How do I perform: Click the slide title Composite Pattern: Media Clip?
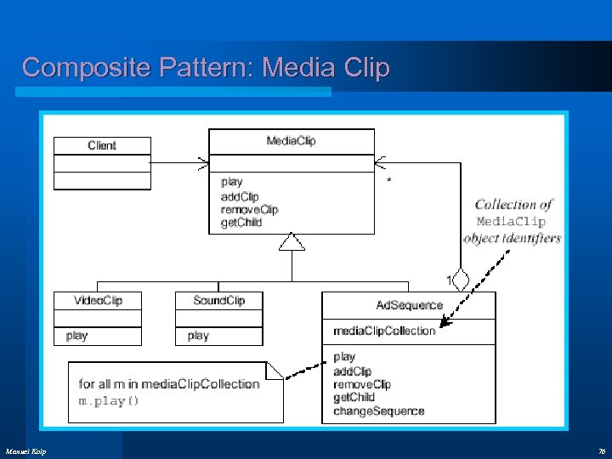(206, 67)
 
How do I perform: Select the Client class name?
(102, 145)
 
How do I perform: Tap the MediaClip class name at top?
(291, 140)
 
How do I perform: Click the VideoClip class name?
(98, 300)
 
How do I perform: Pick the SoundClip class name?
(218, 300)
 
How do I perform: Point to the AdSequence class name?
(409, 304)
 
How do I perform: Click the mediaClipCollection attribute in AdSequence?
(384, 331)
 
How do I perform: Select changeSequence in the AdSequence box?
(378, 411)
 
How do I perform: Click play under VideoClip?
(76, 336)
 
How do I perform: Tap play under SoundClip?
(198, 336)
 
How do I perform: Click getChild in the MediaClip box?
(241, 223)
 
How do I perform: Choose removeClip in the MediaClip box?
(249, 209)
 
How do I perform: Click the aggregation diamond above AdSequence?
(461, 279)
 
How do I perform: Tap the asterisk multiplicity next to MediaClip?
(389, 181)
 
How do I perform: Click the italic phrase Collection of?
(513, 204)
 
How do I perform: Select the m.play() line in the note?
(109, 400)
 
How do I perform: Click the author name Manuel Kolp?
(26, 450)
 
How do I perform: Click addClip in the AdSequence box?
(352, 371)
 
